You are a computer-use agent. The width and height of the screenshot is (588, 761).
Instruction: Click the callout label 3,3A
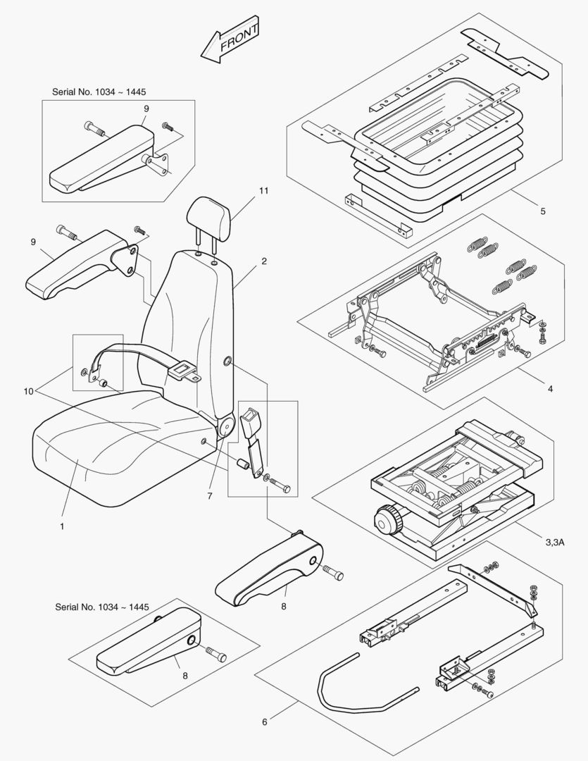pos(559,542)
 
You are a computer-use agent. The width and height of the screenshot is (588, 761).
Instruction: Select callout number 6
pos(265,722)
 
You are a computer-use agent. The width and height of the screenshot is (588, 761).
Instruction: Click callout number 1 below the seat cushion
pos(61,526)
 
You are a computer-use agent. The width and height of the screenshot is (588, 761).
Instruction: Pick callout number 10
pos(28,390)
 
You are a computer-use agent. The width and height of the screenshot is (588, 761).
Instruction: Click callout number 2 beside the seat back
pos(263,261)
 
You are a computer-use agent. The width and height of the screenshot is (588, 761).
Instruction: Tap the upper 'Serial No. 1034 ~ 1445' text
pos(99,92)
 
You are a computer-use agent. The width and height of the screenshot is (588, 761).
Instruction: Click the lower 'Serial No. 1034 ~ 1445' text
pos(102,607)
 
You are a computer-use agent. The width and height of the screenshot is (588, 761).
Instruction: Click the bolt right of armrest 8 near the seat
pos(333,574)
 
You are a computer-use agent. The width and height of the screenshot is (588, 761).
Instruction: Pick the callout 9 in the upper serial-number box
pos(146,109)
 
